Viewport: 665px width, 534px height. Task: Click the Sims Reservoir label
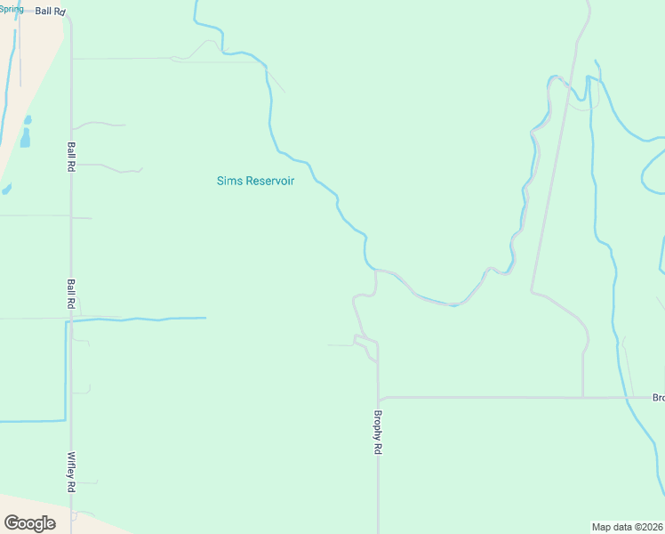click(255, 181)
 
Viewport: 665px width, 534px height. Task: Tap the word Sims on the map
click(228, 181)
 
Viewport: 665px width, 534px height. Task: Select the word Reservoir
click(268, 181)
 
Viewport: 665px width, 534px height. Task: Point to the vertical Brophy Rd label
click(377, 433)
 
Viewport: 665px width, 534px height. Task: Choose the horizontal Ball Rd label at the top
click(51, 12)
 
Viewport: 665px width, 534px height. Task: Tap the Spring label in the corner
click(12, 9)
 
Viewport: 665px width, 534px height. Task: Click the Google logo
click(29, 523)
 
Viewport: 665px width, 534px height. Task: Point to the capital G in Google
click(11, 523)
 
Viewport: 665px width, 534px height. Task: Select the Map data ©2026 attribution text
click(628, 527)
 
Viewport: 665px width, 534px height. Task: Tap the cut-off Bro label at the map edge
click(658, 398)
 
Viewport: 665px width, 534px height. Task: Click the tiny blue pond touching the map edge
click(6, 189)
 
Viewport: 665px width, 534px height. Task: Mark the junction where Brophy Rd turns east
click(379, 398)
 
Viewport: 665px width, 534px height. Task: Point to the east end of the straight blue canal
click(205, 318)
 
